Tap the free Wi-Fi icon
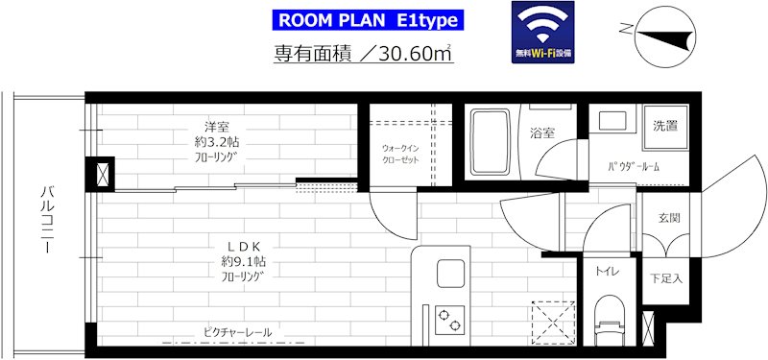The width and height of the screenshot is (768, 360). pos(543,34)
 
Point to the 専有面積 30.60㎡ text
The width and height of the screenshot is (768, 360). pos(363,55)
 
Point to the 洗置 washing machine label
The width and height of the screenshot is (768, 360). pos(665,126)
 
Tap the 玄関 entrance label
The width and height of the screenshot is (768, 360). pos(668,218)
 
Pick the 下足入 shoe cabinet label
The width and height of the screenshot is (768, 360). pos(664,279)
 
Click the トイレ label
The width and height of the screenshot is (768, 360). pos(607,273)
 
